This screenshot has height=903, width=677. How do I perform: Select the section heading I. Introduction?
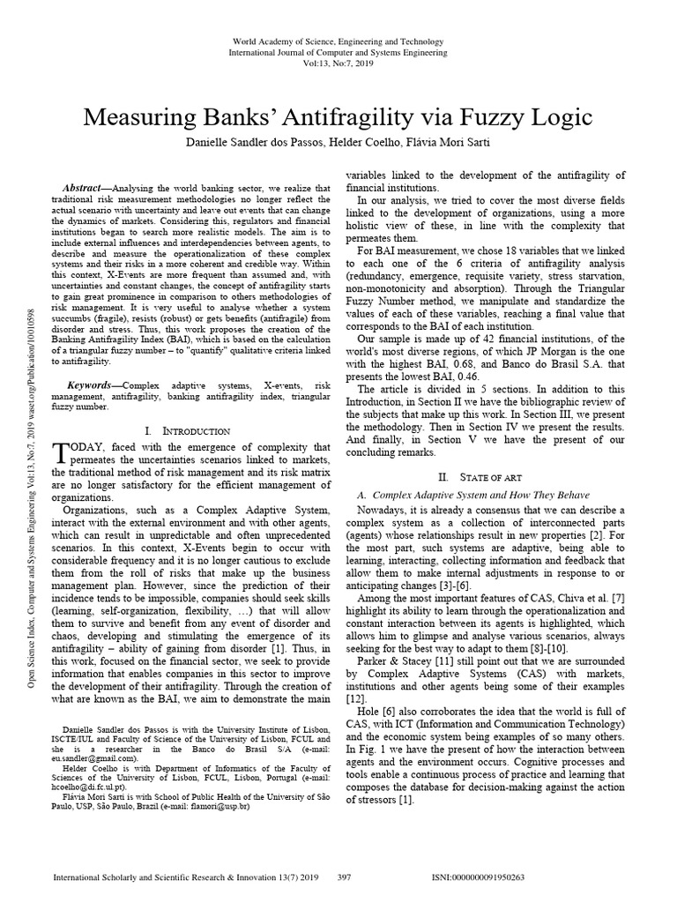pyautogui.click(x=187, y=430)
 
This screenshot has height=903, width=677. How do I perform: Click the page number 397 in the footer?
pyautogui.click(x=346, y=878)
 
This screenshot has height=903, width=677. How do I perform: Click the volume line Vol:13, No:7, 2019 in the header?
pyautogui.click(x=338, y=63)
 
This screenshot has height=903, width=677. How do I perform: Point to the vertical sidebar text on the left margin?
pyautogui.click(x=33, y=511)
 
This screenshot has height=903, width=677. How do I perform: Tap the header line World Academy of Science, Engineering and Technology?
pyautogui.click(x=338, y=41)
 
